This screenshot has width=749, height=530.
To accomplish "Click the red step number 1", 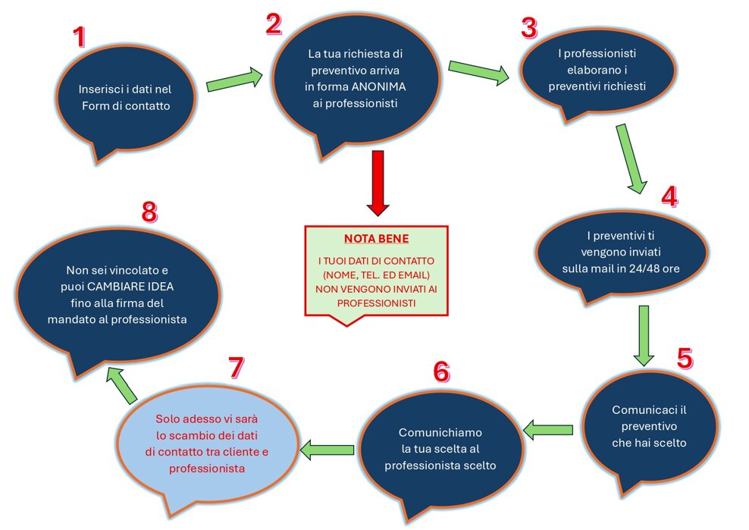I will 78,37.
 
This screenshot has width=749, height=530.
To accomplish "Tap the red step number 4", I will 668,196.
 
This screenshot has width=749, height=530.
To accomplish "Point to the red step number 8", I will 149,212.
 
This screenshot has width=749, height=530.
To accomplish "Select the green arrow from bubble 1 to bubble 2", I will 233,80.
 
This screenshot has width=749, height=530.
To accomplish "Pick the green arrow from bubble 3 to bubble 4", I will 631,157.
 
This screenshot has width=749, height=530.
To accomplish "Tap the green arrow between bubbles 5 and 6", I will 548,431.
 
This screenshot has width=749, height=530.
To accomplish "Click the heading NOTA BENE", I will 377,238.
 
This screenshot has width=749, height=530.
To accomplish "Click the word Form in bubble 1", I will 96,105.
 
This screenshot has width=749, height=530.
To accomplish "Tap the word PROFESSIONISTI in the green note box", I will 376,303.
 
